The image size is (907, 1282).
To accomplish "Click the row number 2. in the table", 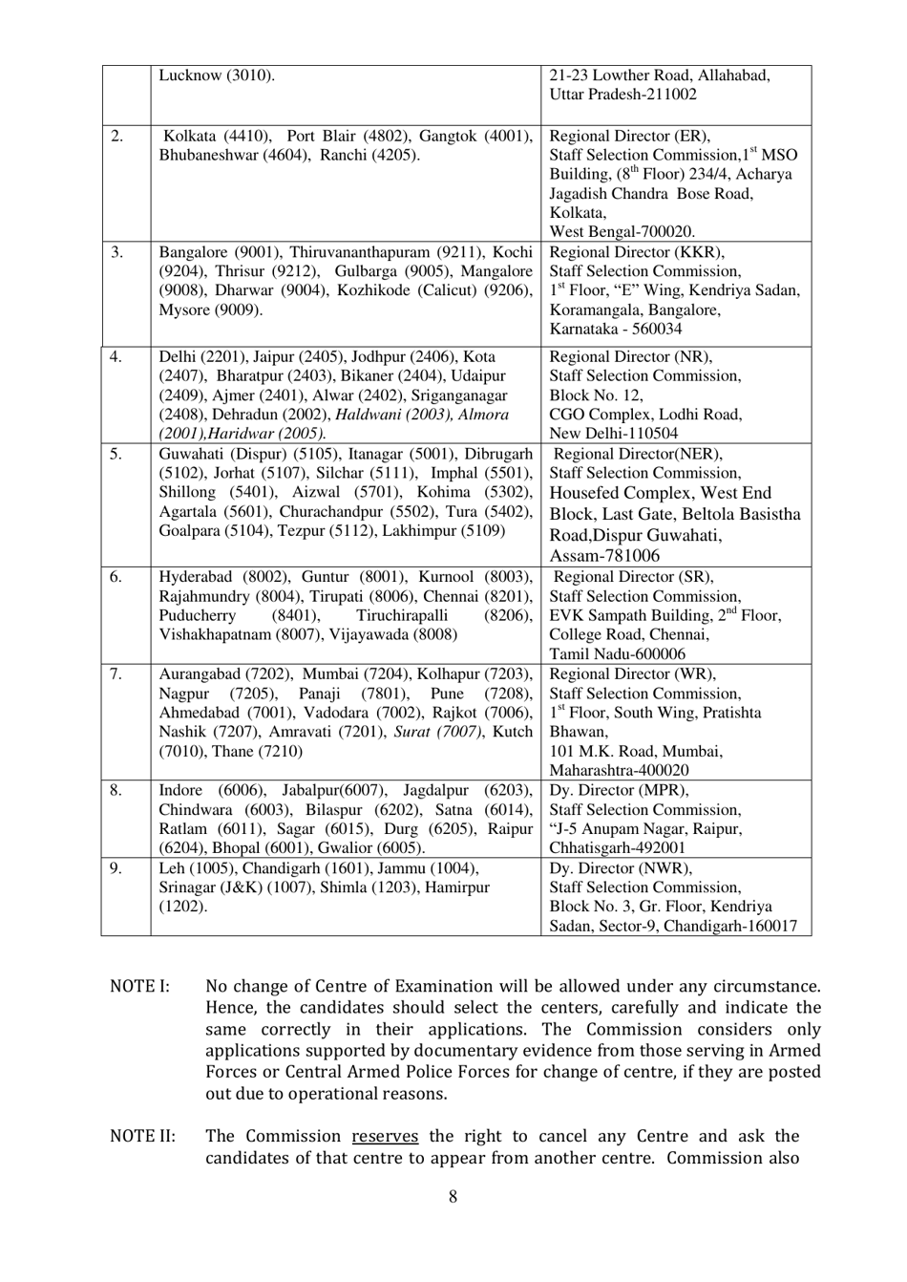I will click(116, 136).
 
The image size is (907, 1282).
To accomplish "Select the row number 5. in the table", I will click(116, 454).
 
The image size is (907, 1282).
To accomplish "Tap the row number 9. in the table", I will click(116, 868).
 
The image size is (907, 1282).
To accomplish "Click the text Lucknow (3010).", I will click(217, 75).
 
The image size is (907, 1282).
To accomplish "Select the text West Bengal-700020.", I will click(622, 232).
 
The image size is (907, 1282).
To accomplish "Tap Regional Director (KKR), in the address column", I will click(637, 252).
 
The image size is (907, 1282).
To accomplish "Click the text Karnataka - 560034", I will click(616, 329).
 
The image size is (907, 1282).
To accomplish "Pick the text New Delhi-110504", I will click(614, 434).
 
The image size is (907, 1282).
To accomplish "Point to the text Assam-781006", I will click(604, 556).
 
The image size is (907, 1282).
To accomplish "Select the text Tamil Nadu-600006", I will click(617, 654).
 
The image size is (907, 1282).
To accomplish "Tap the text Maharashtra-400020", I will click(620, 770).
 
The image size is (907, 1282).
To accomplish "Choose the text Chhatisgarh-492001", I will click(617, 847).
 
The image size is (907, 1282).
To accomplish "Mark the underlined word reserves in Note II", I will click(385, 1137).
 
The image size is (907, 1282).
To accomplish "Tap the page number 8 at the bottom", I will click(453, 1196).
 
